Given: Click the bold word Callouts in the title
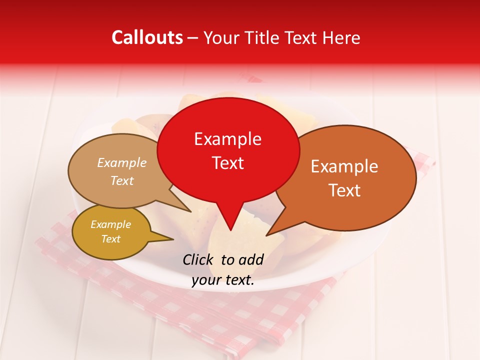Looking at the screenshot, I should click(x=147, y=37).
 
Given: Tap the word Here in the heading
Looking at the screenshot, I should click(x=342, y=37).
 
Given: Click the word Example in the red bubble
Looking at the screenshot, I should click(x=227, y=139).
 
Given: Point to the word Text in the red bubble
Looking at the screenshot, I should click(x=227, y=163).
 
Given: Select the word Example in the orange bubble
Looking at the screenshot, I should click(x=344, y=166).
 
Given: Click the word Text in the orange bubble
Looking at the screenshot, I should click(x=344, y=190).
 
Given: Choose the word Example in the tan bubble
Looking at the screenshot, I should click(x=122, y=163).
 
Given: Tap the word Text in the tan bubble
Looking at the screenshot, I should click(x=122, y=180).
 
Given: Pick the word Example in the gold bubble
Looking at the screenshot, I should click(x=111, y=224).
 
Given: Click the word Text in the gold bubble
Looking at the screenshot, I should click(x=111, y=239).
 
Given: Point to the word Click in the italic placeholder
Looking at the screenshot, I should click(x=199, y=259).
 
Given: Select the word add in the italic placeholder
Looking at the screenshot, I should click(x=251, y=259).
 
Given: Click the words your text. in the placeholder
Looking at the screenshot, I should click(x=223, y=280).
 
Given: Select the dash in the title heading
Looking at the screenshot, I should click(x=193, y=37).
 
